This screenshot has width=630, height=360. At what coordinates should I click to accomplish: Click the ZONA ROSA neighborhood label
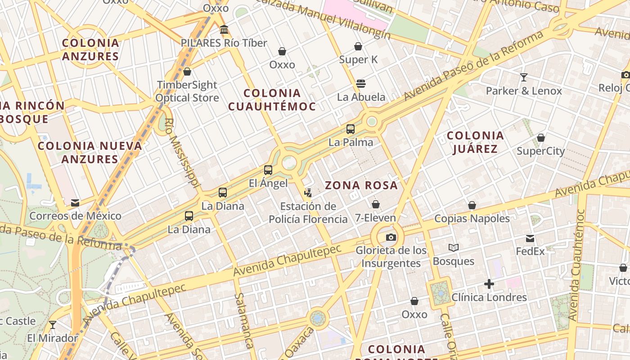pos(361,185)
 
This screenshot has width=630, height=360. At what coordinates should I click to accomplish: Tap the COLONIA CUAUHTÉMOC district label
pos(272,100)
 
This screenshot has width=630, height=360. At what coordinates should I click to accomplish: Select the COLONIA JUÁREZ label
pos(475,142)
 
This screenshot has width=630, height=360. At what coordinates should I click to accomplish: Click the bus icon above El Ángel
pos(268,170)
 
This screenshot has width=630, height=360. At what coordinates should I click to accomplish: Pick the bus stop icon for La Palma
pos(351,129)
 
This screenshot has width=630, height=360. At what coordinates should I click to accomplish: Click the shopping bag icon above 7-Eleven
pos(376,205)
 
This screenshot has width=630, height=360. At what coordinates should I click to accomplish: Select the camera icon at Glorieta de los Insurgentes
pos(391,237)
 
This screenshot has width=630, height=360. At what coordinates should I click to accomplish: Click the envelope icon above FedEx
pos(530,238)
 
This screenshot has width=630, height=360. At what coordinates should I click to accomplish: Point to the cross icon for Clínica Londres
pos(489,284)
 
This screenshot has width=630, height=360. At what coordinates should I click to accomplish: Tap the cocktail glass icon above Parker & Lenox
pos(524,77)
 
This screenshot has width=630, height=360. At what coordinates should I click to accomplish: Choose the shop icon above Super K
pos(358,46)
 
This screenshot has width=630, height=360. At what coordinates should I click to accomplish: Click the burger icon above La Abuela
pos(361,83)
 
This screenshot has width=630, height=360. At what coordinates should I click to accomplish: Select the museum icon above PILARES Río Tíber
pos(224,30)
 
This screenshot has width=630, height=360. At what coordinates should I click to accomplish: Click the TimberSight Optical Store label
pos(187,91)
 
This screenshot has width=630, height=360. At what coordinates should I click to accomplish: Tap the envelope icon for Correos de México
pos(75,203)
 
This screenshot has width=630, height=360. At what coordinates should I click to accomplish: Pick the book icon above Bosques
pos(454,248)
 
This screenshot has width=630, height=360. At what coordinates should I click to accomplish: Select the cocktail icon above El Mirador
pos(53,324)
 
